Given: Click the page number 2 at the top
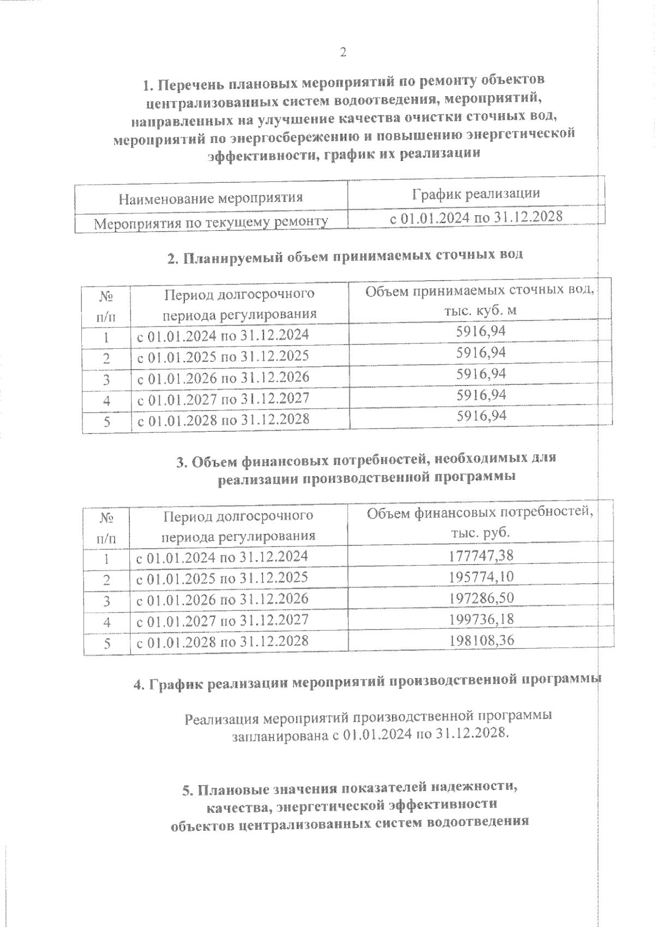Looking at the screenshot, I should click(x=343, y=52).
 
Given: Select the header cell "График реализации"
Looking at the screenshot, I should click(x=476, y=193).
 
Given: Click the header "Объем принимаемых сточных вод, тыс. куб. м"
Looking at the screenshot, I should click(x=480, y=300).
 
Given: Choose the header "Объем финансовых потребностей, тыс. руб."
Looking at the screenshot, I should click(x=480, y=522).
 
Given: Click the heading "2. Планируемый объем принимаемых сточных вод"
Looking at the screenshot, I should click(x=345, y=255).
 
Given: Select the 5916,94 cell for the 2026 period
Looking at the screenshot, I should click(x=481, y=374).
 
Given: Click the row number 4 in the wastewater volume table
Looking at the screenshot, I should click(x=107, y=400).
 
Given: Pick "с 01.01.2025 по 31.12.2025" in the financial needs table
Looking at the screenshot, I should click(x=222, y=578).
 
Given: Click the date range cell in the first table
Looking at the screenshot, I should click(x=475, y=217).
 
